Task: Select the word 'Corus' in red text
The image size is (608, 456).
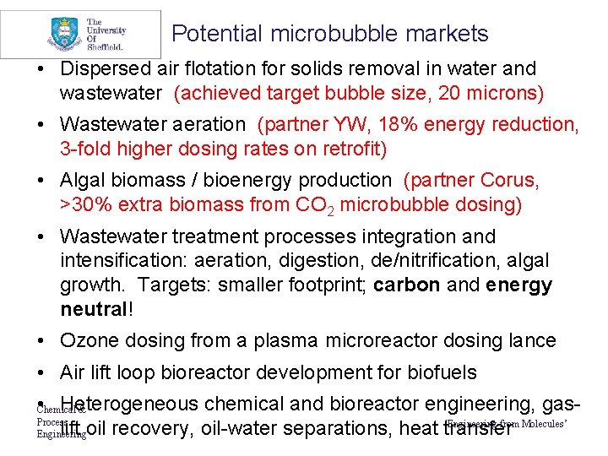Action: pos(510,180)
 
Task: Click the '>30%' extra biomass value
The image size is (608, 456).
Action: pos(85,204)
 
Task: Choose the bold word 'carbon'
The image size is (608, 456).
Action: pos(406,285)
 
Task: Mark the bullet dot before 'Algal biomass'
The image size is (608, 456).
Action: pos(41,181)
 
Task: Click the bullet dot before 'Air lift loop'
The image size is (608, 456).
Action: pos(41,372)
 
